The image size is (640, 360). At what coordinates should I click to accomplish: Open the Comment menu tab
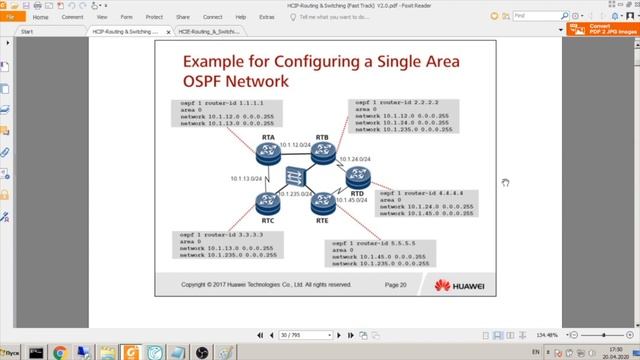point(72,17)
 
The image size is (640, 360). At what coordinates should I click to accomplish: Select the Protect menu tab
point(154,17)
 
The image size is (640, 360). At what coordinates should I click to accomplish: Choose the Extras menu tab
point(266,17)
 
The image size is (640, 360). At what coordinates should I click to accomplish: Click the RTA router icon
point(269,153)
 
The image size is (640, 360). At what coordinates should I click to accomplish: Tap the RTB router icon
point(321,153)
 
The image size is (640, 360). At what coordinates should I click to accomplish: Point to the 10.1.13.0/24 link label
point(246,179)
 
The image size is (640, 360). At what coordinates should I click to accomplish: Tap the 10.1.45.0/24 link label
point(353,200)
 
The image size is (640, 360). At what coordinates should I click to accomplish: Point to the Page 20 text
point(395,285)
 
